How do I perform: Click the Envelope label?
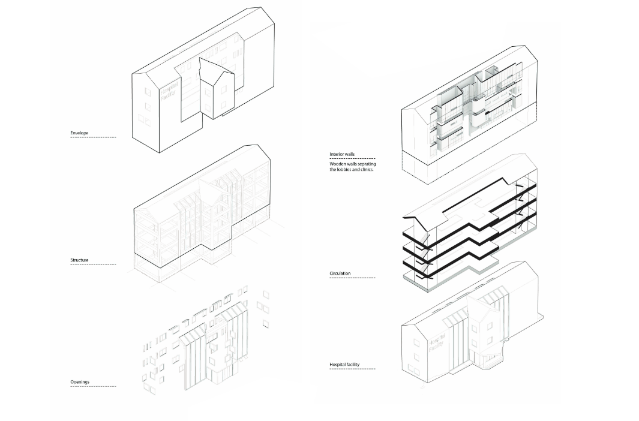(x=79, y=133)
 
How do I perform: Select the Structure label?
(x=79, y=260)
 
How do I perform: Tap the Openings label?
(x=80, y=382)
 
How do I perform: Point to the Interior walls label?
(x=342, y=154)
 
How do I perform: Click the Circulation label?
(x=340, y=273)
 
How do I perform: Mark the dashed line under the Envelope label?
(x=93, y=137)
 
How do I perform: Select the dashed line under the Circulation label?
(x=352, y=278)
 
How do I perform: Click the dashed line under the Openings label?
(x=93, y=386)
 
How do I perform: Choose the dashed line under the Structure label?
(x=93, y=264)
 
